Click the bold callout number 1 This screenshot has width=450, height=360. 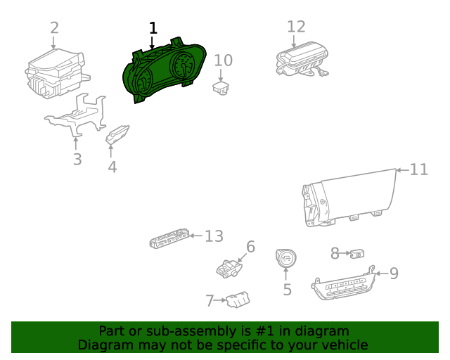(153, 28)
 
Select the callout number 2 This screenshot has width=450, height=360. (54, 28)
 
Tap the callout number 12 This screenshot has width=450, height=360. (296, 27)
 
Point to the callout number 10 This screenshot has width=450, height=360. (224, 60)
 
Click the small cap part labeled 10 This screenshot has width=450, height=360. (221, 88)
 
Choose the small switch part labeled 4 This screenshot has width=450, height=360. (117, 134)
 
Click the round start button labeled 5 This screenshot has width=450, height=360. (286, 257)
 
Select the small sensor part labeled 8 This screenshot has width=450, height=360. (357, 254)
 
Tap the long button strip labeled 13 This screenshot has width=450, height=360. (169, 238)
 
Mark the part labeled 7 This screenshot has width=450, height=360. (238, 300)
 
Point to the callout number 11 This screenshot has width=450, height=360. (419, 169)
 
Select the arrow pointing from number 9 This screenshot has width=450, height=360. (382, 274)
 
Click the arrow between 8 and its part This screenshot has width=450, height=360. (345, 254)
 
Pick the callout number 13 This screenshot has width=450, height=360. (214, 236)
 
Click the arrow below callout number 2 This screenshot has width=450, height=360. (53, 42)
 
